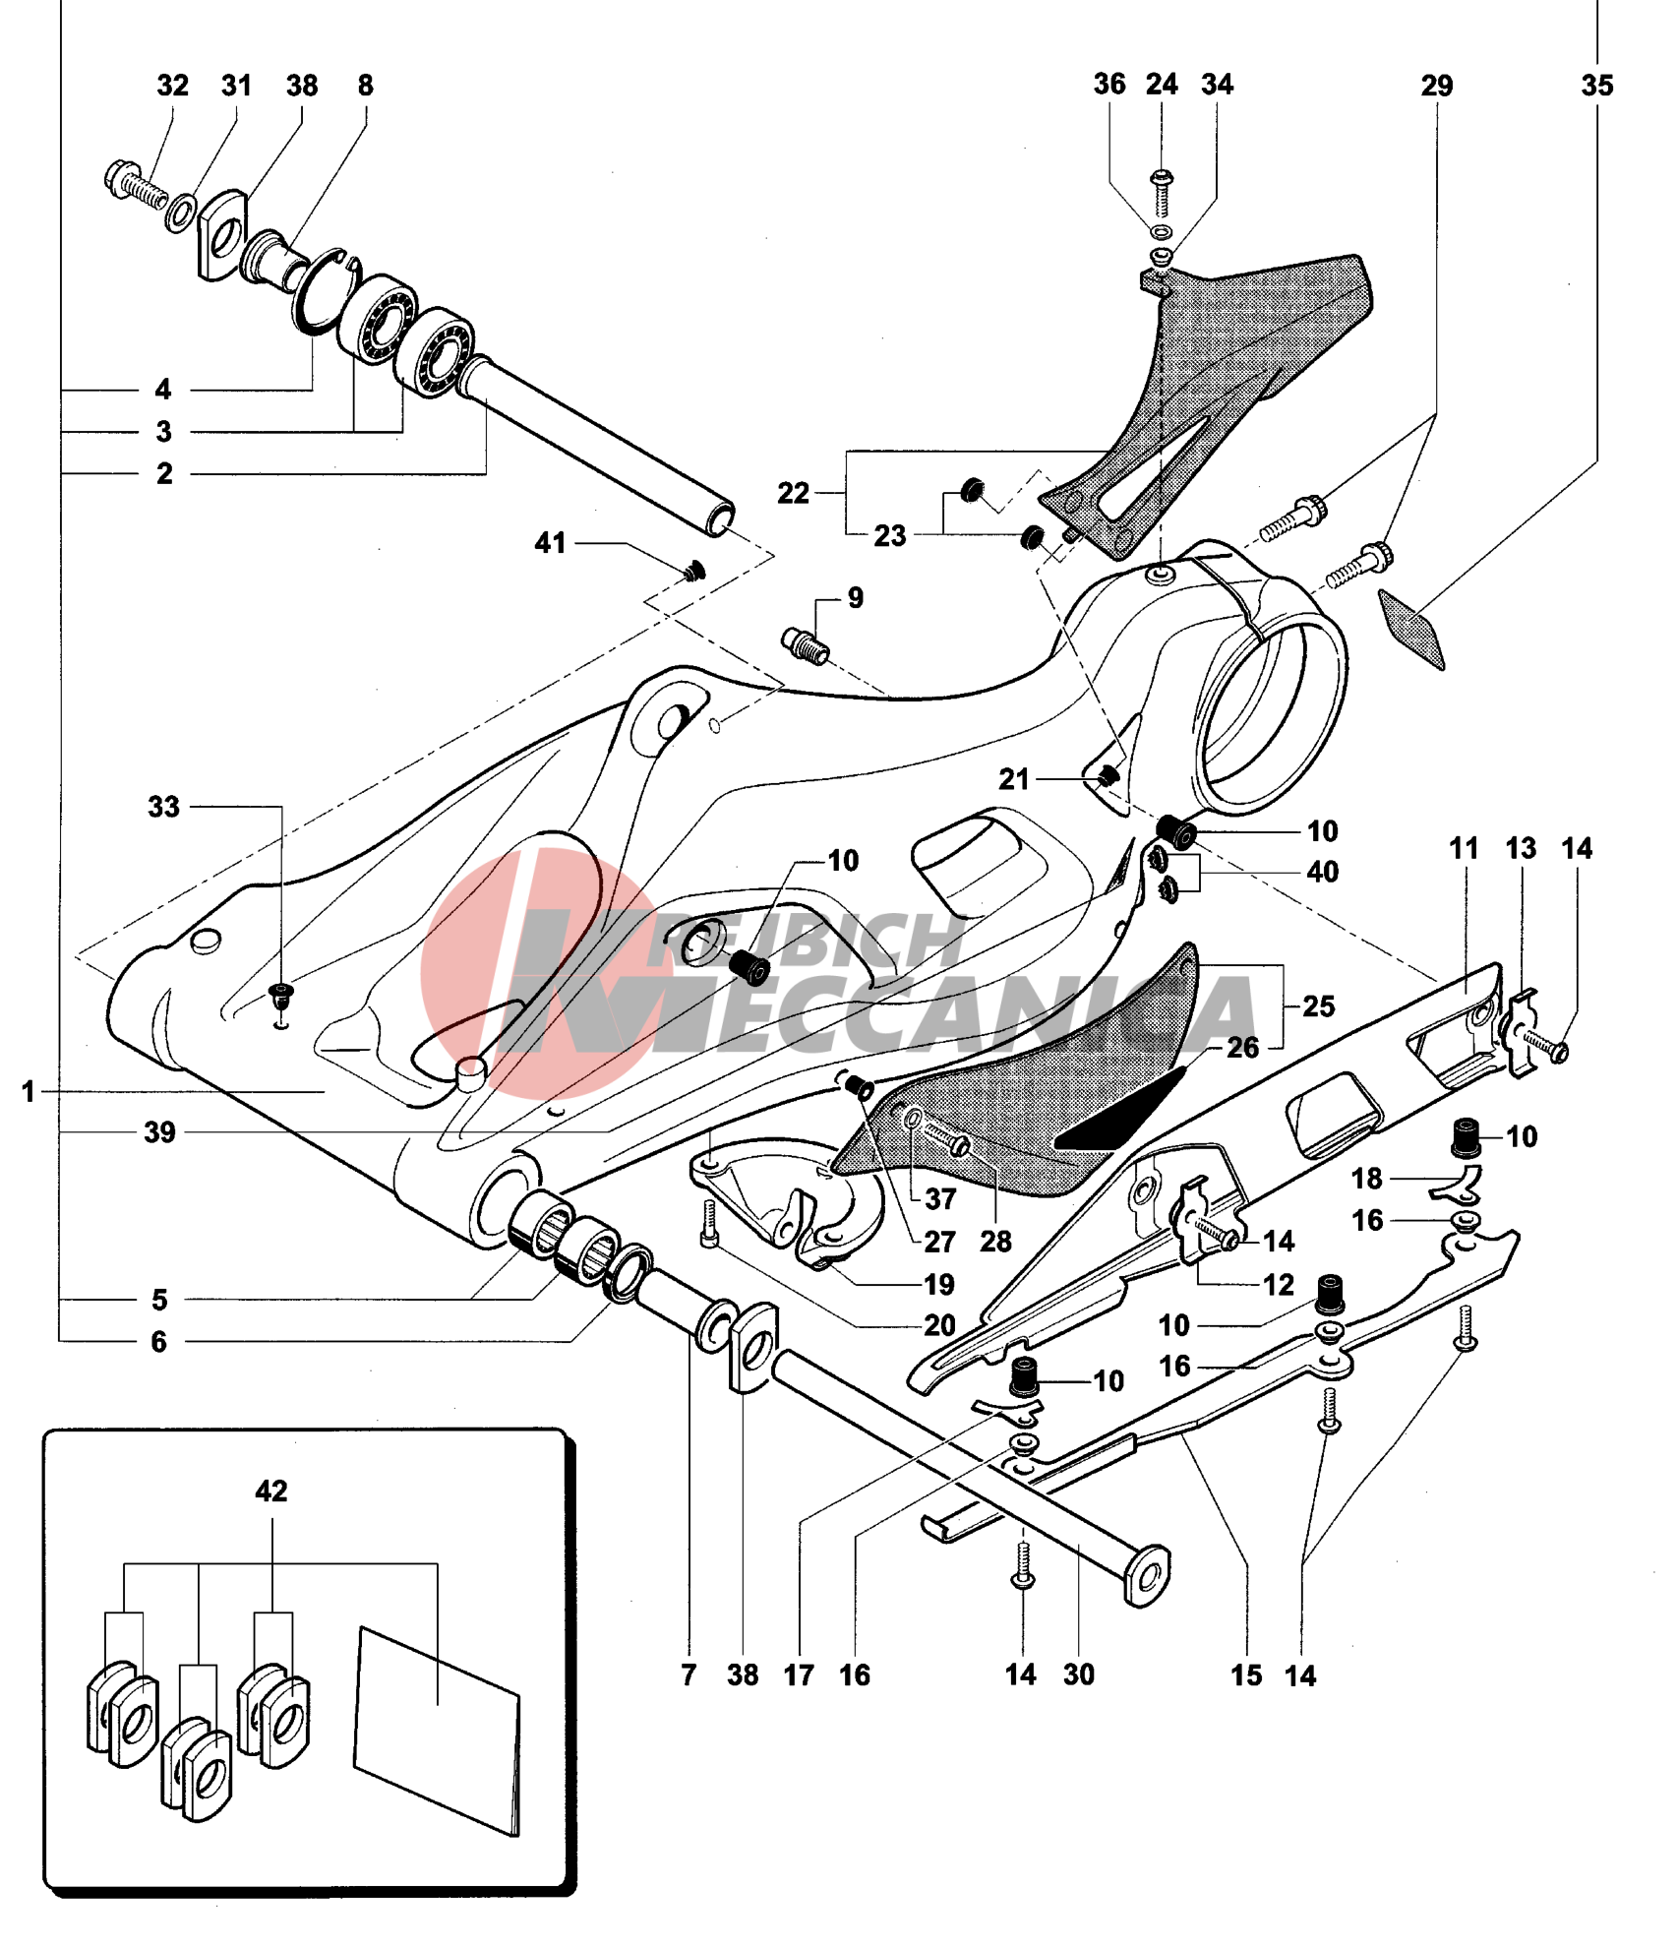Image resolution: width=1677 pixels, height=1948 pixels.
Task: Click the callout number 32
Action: click(x=172, y=86)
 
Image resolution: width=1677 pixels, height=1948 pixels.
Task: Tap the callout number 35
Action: click(x=1597, y=86)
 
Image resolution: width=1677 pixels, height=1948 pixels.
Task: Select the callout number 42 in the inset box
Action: click(x=271, y=1491)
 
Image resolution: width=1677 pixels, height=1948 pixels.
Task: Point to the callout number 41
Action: click(x=550, y=543)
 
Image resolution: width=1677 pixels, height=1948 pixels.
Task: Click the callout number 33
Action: click(x=164, y=807)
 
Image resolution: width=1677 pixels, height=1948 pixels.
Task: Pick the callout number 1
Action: click(x=29, y=1091)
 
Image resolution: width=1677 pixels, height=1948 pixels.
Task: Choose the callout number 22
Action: click(x=793, y=493)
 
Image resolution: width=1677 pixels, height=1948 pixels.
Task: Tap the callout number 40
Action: click(x=1323, y=872)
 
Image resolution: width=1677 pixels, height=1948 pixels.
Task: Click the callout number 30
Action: click(x=1079, y=1674)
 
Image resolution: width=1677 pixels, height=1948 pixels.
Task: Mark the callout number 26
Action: click(x=1243, y=1048)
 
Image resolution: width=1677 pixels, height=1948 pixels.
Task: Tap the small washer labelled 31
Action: click(x=179, y=213)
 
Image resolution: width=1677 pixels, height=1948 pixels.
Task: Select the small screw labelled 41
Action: click(x=695, y=571)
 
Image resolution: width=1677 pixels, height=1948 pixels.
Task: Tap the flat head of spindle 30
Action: click(x=1147, y=1577)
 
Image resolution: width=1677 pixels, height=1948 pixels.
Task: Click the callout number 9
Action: click(x=856, y=598)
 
